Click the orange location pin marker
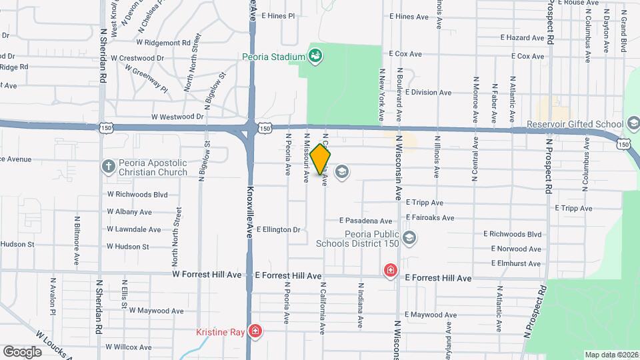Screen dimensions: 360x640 pyautogui.click(x=321, y=159)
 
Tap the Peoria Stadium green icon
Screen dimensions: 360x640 pyautogui.click(x=315, y=56)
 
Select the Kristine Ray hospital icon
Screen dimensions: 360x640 pyautogui.click(x=254, y=331)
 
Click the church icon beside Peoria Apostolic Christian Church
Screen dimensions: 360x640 pyautogui.click(x=108, y=166)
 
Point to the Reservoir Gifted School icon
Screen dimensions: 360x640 pyautogui.click(x=632, y=123)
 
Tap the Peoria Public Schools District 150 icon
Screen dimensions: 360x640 pyautogui.click(x=409, y=237)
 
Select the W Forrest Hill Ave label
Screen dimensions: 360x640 pyautogui.click(x=207, y=275)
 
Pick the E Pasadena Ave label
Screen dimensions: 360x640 pyautogui.click(x=365, y=221)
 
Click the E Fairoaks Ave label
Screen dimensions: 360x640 pyautogui.click(x=429, y=218)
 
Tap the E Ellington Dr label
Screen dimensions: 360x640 pyautogui.click(x=279, y=229)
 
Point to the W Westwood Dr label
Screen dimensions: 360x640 pyautogui.click(x=177, y=116)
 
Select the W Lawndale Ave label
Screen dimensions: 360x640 pyautogui.click(x=134, y=229)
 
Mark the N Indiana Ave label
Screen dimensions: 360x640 pyautogui.click(x=360, y=305)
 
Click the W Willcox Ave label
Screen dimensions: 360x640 pyautogui.click(x=129, y=347)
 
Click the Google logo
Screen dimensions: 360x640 pyautogui.click(x=22, y=351)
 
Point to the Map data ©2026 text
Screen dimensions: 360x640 pyautogui.click(x=611, y=355)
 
